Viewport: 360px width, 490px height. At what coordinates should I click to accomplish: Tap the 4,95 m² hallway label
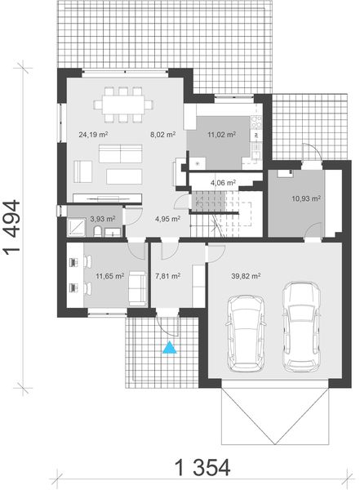(x=167, y=218)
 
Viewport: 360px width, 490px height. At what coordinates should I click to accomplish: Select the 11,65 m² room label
(x=109, y=276)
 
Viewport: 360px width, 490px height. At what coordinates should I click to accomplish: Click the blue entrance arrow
(x=170, y=349)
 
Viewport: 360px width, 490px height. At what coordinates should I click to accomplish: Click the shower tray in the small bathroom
(x=77, y=223)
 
